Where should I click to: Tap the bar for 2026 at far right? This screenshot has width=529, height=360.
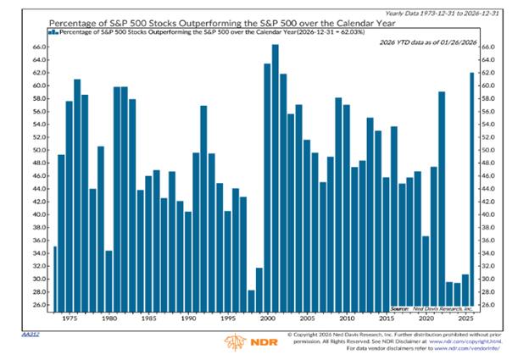point(471,191)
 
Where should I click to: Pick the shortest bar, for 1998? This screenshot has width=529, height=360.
point(251,300)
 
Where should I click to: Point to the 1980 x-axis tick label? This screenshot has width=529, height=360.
point(109,319)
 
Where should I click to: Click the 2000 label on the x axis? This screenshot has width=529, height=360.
point(266,319)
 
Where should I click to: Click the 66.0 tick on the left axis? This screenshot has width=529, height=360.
point(38,47)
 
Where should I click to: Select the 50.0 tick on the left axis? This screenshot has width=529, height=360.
point(38,151)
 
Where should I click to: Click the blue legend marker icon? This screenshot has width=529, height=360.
point(53,31)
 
